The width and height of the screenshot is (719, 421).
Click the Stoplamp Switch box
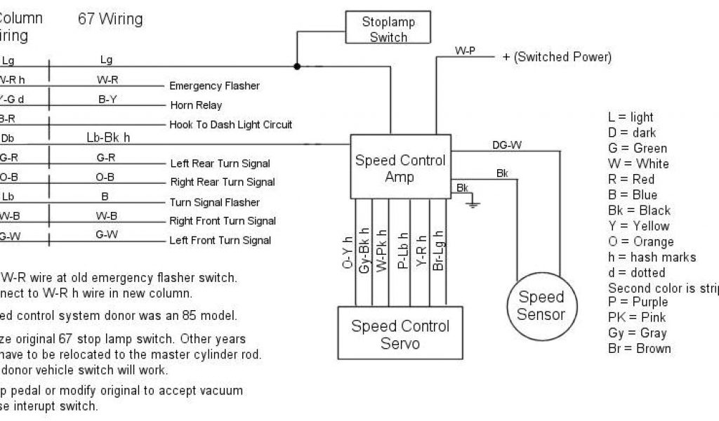(388, 29)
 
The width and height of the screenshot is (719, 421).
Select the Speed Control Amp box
(400, 168)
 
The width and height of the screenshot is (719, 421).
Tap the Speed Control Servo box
(400, 334)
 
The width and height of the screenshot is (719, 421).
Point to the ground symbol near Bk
(473, 203)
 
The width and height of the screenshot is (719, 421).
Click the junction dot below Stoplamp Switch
(297, 67)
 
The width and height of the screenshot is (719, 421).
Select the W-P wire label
(466, 51)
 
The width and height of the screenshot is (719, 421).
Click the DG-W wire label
(507, 145)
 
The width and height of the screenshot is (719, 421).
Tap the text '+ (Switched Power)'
(556, 57)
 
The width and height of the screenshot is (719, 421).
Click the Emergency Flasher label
(214, 86)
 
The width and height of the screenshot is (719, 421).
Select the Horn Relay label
(196, 105)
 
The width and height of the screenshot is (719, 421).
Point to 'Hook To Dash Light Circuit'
(231, 124)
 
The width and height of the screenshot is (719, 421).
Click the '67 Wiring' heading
(110, 19)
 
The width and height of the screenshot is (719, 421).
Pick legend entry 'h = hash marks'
(652, 257)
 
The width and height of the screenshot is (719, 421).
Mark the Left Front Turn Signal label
(220, 240)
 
